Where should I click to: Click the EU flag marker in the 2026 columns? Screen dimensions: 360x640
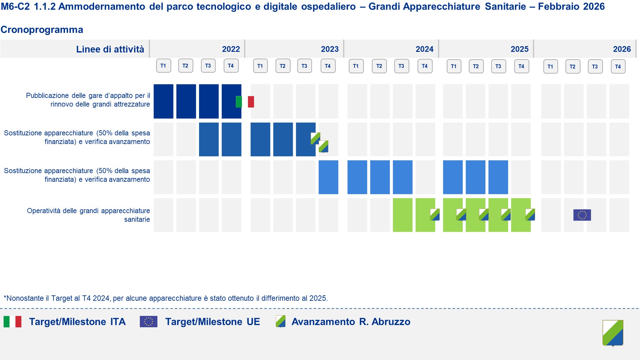(582, 215)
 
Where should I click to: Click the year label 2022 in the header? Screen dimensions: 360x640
(231, 49)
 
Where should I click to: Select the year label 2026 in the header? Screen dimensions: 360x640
(622, 49)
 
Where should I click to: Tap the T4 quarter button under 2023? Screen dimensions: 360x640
(328, 66)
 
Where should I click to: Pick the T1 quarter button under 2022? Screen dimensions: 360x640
(163, 66)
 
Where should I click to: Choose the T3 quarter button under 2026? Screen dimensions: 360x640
(595, 67)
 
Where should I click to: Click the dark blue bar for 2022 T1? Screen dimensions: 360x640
(163, 101)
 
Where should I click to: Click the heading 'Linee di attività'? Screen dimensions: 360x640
(110, 49)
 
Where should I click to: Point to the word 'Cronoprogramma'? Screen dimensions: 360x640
(42, 30)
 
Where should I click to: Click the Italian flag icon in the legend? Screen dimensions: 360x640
(12, 322)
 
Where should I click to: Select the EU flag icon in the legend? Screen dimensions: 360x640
(148, 322)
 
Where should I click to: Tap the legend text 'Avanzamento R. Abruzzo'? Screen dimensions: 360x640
(351, 322)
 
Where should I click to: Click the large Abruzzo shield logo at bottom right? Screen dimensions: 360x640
(613, 333)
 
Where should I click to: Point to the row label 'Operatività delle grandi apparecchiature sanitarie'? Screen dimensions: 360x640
(88, 215)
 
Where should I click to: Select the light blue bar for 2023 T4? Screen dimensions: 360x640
(328, 177)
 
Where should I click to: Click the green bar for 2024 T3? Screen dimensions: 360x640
(403, 215)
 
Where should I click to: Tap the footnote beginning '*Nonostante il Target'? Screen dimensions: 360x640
(166, 298)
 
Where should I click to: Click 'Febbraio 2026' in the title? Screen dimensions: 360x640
(571, 6)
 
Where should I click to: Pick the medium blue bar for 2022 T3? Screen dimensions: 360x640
(209, 139)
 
